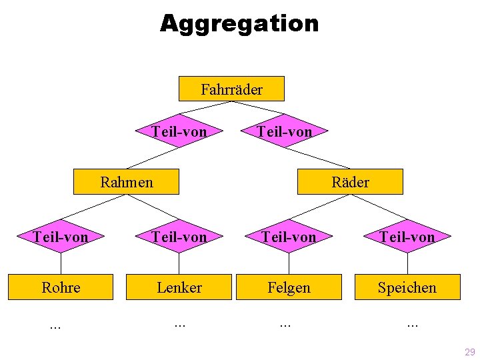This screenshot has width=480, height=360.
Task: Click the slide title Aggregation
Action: (x=239, y=24)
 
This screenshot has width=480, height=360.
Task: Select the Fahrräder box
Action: (x=231, y=89)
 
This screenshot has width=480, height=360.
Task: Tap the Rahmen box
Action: (x=127, y=181)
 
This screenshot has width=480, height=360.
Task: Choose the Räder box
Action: (x=351, y=181)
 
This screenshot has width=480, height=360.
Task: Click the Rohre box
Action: (x=61, y=287)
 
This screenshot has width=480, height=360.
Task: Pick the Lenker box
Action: (x=179, y=287)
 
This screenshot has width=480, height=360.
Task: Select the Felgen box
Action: (x=289, y=287)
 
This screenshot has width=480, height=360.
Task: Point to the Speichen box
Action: (x=407, y=287)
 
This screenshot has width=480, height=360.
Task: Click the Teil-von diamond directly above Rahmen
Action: (x=179, y=131)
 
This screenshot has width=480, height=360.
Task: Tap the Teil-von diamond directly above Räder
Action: (x=285, y=131)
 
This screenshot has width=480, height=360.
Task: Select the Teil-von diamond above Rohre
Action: (x=61, y=236)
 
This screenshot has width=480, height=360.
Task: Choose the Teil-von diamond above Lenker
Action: (x=179, y=236)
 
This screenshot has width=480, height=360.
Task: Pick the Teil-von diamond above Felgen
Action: (x=289, y=236)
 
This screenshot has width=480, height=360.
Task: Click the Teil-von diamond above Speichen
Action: (x=407, y=236)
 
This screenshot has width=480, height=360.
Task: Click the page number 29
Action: (x=469, y=351)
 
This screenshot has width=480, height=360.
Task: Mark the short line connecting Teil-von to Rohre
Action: (x=61, y=263)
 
